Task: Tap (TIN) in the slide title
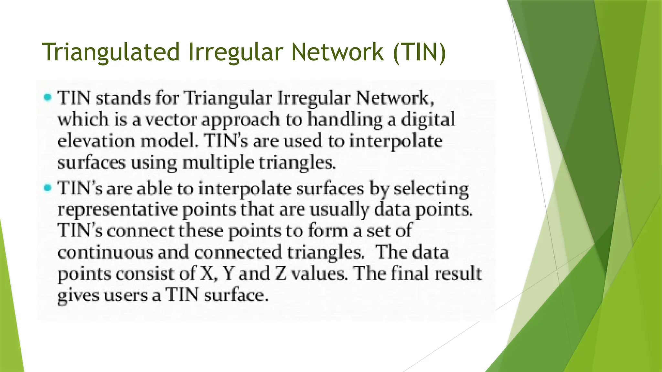(419, 52)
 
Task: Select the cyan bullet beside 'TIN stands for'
(48, 97)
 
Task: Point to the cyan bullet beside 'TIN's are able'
(48, 188)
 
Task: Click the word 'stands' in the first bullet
(123, 98)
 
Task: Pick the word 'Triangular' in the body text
(228, 98)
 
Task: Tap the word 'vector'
(171, 120)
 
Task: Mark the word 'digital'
(428, 120)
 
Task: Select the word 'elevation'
(96, 141)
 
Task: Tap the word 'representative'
(117, 210)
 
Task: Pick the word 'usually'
(339, 210)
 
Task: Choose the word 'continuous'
(105, 252)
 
